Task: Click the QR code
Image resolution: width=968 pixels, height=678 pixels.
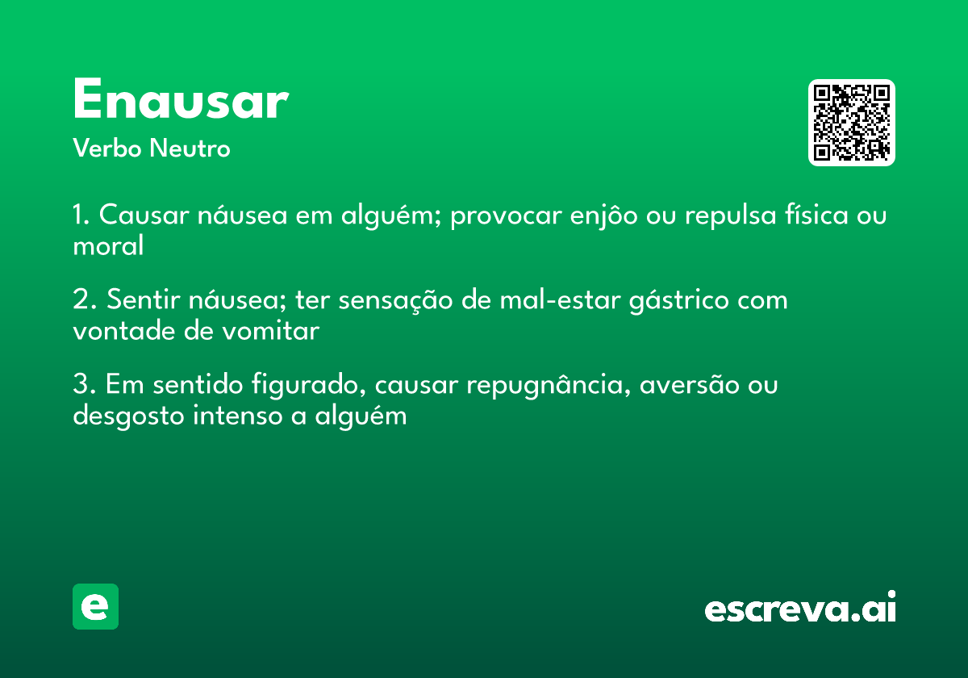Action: (x=851, y=123)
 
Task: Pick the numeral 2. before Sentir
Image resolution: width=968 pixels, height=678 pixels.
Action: (x=85, y=300)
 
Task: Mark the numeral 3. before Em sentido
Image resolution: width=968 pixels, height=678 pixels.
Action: (x=85, y=385)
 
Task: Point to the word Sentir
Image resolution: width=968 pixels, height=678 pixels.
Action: (x=143, y=300)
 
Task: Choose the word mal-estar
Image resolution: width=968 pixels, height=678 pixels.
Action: (x=552, y=300)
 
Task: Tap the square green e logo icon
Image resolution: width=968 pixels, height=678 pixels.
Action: (x=95, y=607)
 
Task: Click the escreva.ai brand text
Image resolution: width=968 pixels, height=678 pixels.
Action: (x=800, y=609)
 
